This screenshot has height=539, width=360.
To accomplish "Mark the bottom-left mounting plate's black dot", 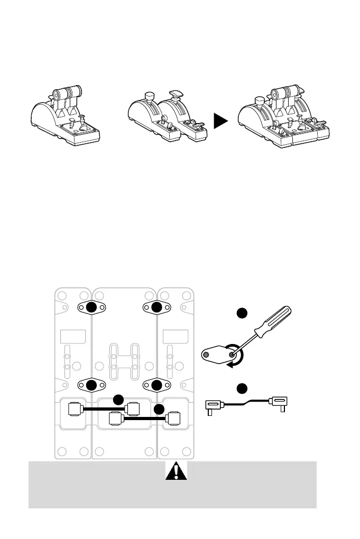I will click(91, 384).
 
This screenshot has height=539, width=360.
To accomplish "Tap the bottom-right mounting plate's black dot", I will click(155, 384).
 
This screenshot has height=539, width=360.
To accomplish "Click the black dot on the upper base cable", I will click(119, 399).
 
